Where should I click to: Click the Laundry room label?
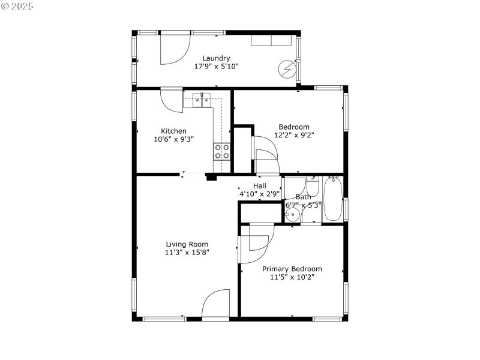click(x=216, y=58)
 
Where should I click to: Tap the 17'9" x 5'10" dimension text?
click(x=216, y=67)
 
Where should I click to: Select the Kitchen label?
click(x=173, y=131)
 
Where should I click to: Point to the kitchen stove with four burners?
click(x=222, y=151)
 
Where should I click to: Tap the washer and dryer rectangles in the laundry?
click(x=272, y=40)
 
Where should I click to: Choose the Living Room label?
click(x=187, y=244)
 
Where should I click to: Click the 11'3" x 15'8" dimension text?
click(x=187, y=253)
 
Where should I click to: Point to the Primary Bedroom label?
click(x=292, y=269)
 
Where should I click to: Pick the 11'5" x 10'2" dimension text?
click(x=292, y=277)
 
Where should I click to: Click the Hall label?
click(x=259, y=186)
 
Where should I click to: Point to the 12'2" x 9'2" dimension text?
click(x=294, y=135)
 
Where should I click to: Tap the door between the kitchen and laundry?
click(x=173, y=100)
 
